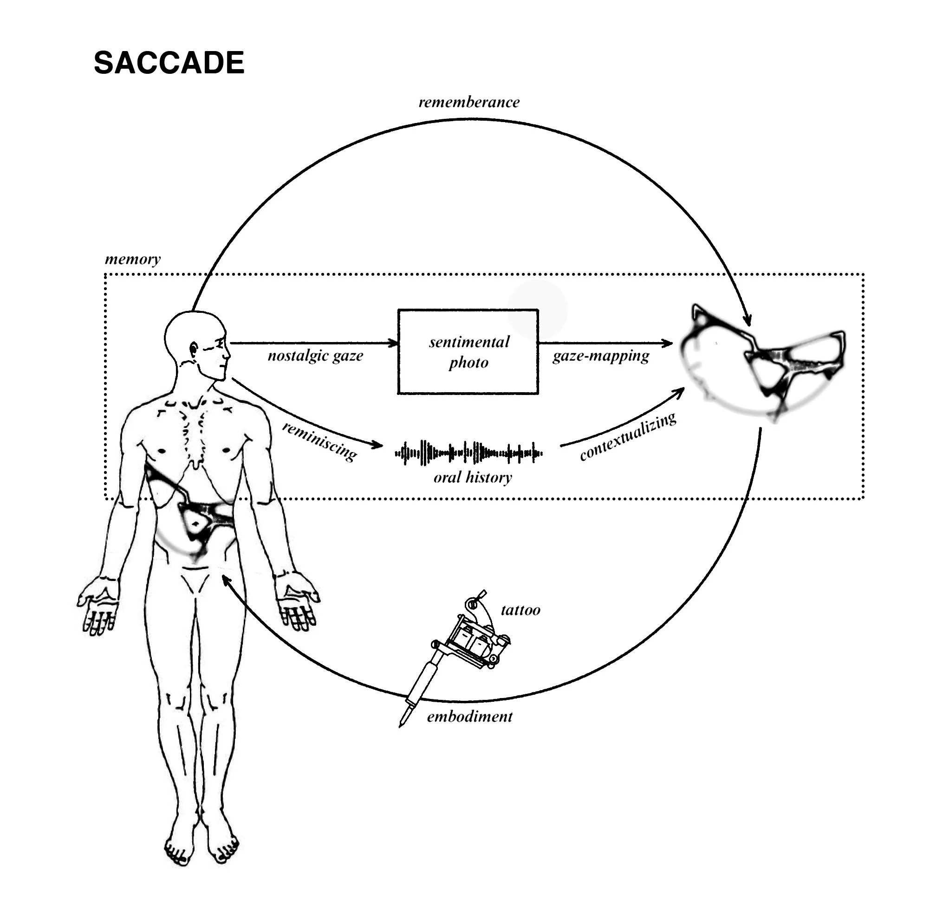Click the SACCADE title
tap(169, 63)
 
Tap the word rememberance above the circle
tap(468, 102)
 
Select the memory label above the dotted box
tap(133, 259)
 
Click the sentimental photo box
tap(468, 351)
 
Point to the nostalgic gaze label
tap(315, 356)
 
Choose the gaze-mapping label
tap(601, 356)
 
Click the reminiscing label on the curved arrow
tap(319, 441)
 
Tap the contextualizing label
tap(628, 437)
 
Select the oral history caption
tap(473, 478)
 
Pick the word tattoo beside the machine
tap(520, 610)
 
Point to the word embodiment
tap(469, 717)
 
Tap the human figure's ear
tap(194, 349)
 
